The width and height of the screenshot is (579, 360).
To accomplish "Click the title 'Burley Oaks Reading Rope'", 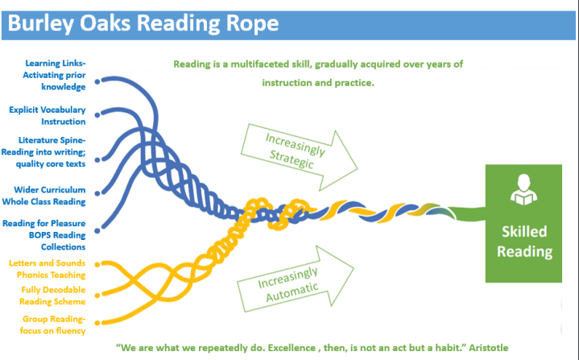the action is [143, 23].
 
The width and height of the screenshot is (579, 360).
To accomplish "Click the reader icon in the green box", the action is [523, 189].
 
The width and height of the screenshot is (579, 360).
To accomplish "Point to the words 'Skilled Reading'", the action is [524, 242].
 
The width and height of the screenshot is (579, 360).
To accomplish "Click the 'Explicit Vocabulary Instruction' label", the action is [48, 115].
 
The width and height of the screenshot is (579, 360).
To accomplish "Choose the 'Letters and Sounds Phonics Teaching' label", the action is [48, 269].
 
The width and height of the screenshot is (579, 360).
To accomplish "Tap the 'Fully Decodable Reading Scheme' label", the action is [52, 296].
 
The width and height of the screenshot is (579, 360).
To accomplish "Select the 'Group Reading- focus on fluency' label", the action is [52, 325].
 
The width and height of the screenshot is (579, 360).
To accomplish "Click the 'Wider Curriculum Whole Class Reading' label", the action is [44, 196].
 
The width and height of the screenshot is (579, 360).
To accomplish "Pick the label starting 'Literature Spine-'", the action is [43, 151].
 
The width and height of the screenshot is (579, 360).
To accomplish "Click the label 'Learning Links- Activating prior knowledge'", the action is [54, 75].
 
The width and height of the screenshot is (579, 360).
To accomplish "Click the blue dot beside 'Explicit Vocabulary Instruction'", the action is [97, 115].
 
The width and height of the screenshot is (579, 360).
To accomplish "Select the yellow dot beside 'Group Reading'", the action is [97, 323].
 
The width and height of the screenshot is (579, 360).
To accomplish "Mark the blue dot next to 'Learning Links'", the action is [97, 81].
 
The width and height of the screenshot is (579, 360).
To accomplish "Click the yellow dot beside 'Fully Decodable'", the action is [97, 296].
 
